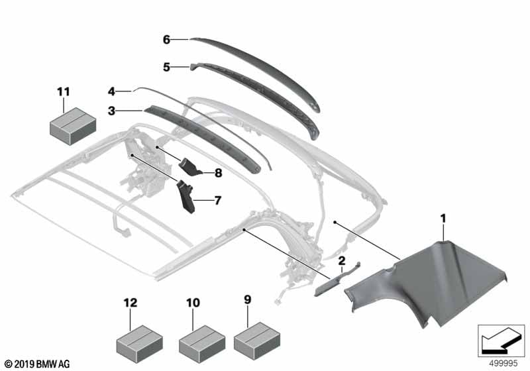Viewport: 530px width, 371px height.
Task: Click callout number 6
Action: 166,40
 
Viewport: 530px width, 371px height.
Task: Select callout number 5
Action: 166,67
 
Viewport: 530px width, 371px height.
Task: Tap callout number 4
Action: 111,91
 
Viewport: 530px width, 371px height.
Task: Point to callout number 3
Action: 111,111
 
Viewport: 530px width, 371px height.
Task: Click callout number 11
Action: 63,91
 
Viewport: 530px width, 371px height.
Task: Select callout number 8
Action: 219,173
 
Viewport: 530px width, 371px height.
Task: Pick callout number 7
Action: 218,200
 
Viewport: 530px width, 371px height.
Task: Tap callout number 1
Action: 443,219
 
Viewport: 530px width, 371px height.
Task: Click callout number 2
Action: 342,260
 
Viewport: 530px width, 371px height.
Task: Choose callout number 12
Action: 130,303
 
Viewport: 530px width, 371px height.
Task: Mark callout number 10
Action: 193,303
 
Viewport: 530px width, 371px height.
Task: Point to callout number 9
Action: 248,299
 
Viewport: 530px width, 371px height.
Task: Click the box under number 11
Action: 73,126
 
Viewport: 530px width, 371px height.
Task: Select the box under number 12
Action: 139,344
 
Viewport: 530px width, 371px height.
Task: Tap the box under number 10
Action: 202,344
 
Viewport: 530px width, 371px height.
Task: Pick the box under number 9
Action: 257,341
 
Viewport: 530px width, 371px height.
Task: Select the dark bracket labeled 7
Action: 186,197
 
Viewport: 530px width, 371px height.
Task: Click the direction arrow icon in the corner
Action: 502,341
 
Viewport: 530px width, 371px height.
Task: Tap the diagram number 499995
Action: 503,364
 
